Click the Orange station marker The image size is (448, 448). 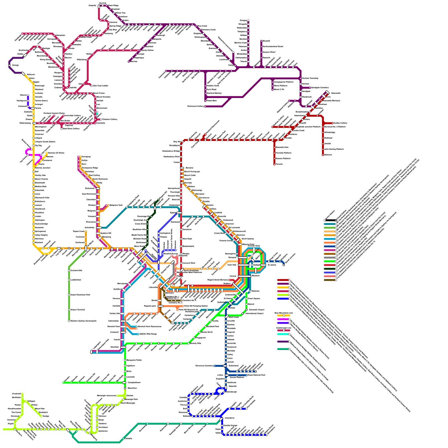(10, 65)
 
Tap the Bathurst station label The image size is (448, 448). (31, 75)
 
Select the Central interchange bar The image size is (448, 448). (244, 276)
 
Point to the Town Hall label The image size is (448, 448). (232, 265)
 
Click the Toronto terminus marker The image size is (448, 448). (274, 164)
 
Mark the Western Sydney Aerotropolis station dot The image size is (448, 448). (69, 321)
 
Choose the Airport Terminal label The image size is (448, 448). (78, 310)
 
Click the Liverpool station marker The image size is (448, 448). (123, 332)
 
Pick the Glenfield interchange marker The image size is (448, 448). (123, 347)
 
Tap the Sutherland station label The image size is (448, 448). (234, 366)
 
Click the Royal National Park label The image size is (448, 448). (256, 375)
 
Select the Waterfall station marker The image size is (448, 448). (226, 388)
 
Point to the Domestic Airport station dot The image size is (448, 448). (246, 310)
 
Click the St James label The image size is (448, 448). (272, 265)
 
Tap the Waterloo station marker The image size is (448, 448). (246, 291)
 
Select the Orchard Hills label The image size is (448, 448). (76, 270)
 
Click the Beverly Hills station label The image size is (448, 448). (196, 343)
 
